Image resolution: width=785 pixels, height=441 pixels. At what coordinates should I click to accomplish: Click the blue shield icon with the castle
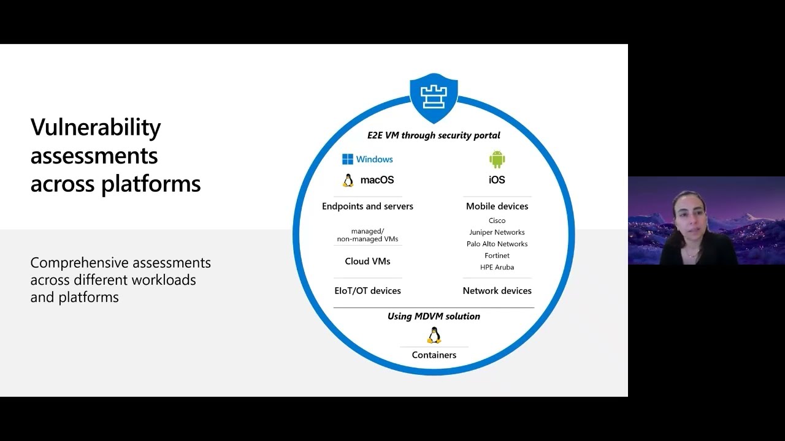(434, 97)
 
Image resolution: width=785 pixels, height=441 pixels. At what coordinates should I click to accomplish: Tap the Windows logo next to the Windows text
(348, 159)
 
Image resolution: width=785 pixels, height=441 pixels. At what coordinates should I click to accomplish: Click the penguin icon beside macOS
(348, 180)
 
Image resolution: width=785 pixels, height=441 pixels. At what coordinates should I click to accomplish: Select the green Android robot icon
(497, 159)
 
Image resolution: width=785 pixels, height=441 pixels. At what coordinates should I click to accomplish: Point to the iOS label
(497, 180)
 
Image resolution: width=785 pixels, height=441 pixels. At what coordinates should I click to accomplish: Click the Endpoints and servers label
(367, 206)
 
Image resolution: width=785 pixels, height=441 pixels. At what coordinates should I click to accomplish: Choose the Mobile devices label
(497, 206)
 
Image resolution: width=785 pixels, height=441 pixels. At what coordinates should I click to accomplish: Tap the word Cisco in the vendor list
(497, 221)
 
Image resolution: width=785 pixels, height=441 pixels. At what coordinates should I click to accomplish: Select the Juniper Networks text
(497, 232)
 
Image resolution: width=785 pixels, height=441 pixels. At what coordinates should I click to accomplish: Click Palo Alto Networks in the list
(497, 244)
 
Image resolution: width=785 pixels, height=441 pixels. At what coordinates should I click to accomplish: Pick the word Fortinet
(497, 255)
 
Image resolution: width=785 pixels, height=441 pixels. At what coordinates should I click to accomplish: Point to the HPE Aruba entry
(497, 267)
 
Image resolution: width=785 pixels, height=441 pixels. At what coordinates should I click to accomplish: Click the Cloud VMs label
(367, 262)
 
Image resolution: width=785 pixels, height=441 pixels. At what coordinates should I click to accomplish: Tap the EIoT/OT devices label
(367, 291)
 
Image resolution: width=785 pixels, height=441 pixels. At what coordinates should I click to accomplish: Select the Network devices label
(497, 291)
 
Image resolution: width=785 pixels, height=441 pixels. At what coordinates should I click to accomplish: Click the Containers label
(434, 355)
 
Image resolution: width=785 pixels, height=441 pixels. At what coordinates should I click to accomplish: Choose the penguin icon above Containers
(434, 335)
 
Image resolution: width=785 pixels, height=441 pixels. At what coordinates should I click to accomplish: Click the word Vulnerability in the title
(96, 127)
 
